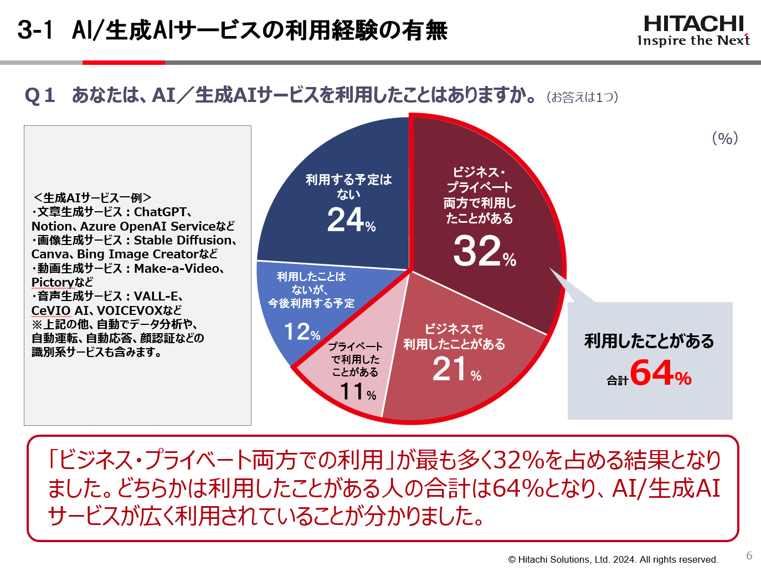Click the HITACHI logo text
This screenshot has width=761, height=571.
coord(693,24)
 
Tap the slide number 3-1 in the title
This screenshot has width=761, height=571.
coord(35,30)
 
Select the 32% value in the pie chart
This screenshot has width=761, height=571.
coord(484,251)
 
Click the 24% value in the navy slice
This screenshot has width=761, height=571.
coord(351,220)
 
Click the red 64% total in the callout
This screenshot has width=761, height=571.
coord(661,373)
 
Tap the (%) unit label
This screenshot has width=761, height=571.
coord(725,138)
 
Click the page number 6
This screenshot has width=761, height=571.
coord(749,555)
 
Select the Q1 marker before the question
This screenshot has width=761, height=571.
coord(40,95)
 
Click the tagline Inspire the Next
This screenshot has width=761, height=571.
coord(693,40)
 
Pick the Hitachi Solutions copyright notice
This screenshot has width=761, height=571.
coord(613,559)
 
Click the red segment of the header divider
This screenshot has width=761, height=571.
coord(124,63)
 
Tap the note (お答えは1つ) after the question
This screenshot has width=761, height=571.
coord(582,97)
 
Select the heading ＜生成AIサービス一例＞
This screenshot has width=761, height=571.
coord(92,198)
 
